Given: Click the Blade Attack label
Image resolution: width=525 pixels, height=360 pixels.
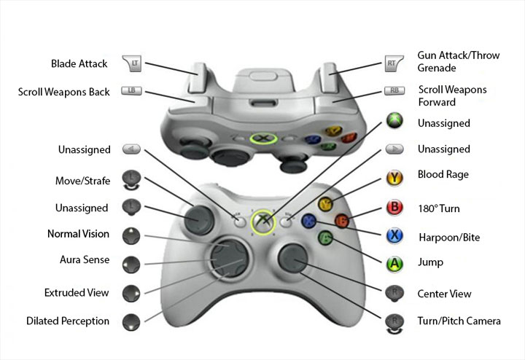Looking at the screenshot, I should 79,64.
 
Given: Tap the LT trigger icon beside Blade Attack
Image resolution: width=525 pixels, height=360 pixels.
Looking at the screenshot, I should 132,64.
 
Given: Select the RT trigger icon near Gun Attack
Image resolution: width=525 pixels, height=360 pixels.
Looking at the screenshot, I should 393,64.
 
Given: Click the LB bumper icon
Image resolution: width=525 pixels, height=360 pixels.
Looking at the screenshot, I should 131,91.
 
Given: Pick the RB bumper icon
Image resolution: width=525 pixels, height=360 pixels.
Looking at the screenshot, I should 394,92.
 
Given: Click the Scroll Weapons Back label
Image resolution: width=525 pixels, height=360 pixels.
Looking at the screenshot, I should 63,93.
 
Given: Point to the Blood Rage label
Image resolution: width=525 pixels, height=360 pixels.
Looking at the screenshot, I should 443,175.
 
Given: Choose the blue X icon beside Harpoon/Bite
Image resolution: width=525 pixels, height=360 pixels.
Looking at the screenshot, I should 394,235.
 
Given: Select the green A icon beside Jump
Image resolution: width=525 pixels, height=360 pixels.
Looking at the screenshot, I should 394,263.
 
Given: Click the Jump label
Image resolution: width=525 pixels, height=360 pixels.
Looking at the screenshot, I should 430,262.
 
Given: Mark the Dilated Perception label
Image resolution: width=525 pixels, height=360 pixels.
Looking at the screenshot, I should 68,321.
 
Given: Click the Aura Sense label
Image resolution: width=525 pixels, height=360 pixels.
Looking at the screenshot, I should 85,259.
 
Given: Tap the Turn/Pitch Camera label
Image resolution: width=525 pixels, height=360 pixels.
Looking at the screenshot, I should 459,321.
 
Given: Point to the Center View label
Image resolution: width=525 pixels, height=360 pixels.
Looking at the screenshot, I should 444,294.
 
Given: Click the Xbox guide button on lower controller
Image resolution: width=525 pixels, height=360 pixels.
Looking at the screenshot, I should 262,221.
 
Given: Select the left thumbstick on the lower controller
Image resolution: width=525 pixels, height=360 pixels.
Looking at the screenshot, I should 198,216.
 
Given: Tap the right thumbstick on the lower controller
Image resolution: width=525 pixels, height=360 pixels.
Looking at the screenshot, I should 293,257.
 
